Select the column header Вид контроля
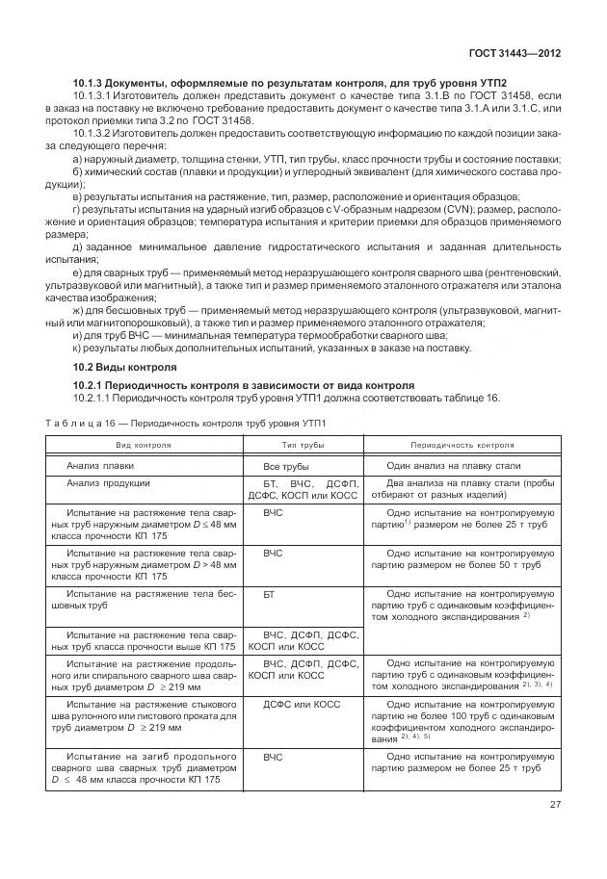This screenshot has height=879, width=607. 144,446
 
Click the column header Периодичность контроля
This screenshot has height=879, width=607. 462,446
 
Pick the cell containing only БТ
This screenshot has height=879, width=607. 270,596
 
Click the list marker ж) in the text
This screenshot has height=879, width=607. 78,312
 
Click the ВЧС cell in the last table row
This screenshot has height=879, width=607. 273,759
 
